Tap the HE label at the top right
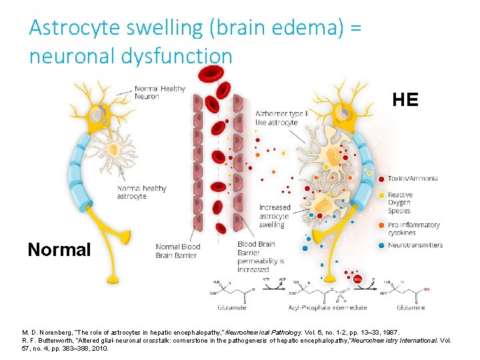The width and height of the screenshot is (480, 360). tap(405, 100)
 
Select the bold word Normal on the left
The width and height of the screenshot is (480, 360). tap(59, 249)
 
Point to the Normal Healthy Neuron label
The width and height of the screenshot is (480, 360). tap(160, 93)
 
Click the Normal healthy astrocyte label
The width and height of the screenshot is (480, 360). tap(141, 192)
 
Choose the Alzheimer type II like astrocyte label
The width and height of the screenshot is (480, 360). tap(281, 119)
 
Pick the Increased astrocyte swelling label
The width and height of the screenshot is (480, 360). tap(274, 216)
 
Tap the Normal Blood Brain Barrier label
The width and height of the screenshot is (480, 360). tap(178, 251)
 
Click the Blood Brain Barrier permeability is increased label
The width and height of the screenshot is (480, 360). tap(260, 257)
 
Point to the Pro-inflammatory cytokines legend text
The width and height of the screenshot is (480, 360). tap(413, 229)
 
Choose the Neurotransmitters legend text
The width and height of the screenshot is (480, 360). tap(415, 245)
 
